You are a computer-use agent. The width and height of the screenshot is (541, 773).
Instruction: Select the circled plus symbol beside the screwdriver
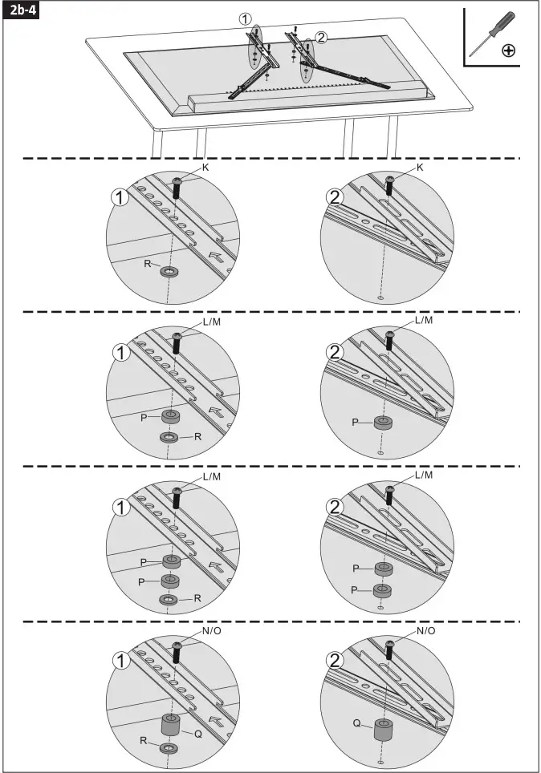(x=508, y=51)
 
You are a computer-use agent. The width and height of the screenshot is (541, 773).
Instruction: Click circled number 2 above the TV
(x=321, y=37)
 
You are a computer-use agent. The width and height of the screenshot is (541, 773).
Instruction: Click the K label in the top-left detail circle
(x=205, y=167)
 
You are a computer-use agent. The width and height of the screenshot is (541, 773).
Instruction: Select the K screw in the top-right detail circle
(x=390, y=185)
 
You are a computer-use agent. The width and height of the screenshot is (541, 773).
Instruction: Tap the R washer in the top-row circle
(x=169, y=272)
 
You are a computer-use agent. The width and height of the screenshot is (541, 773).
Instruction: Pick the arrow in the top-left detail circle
(x=215, y=257)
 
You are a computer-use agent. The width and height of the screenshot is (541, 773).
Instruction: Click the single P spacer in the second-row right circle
(x=384, y=423)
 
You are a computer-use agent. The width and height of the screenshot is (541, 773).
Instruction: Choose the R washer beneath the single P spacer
(x=169, y=436)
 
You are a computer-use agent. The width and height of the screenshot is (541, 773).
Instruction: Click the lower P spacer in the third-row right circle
(x=384, y=591)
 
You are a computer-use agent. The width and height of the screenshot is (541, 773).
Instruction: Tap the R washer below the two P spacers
(x=169, y=599)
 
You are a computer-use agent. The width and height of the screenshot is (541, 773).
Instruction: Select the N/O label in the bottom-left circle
(x=212, y=631)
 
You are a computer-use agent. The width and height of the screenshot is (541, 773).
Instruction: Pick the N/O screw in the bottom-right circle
(x=390, y=649)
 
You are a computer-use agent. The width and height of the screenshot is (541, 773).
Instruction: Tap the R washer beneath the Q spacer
(x=169, y=748)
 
